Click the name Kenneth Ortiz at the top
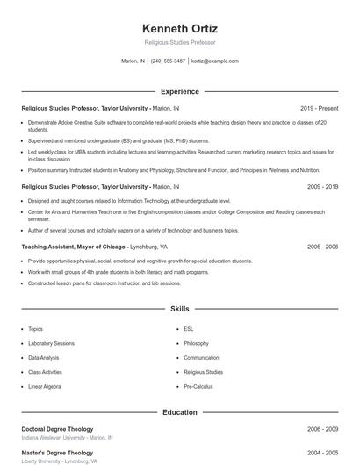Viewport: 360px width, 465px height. tap(180, 28)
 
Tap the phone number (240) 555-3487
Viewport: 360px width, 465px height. tap(168, 61)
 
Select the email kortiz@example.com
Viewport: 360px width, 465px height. tap(215, 61)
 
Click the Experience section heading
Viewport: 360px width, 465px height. tap(180, 91)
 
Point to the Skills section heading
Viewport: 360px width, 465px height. tap(180, 310)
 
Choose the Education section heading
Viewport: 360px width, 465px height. tap(180, 411)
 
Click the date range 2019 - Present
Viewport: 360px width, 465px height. tap(319, 108)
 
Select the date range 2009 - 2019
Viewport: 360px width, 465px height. tap(322, 187)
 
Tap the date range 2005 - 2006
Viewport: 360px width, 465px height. tap(322, 247)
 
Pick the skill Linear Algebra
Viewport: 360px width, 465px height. tap(46, 386)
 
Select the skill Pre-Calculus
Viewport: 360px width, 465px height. tap(199, 386)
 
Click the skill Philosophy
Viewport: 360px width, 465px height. tap(197, 343)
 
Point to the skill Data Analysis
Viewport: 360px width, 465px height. tap(44, 358)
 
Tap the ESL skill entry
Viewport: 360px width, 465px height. tap(189, 329)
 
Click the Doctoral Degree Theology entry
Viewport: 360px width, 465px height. tap(57, 429)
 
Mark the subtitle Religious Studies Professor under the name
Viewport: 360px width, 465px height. tap(180, 42)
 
